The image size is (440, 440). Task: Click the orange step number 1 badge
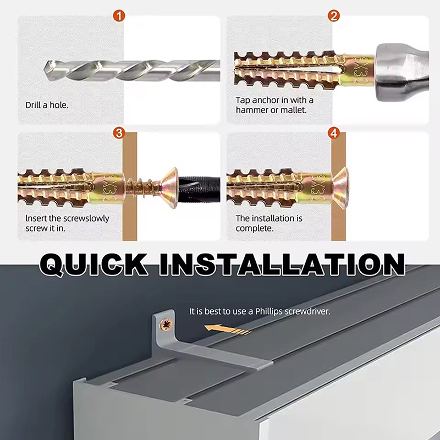(119, 16)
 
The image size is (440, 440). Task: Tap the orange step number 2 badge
(334, 16)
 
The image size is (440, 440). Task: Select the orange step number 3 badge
(119, 133)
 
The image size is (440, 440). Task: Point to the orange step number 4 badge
(334, 133)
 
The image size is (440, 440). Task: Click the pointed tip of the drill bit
(45, 69)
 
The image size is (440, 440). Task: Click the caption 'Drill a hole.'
(47, 105)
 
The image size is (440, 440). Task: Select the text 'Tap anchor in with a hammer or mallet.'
(274, 105)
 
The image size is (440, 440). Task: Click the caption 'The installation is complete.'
(269, 223)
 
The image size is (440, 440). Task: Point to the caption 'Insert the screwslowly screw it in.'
(67, 223)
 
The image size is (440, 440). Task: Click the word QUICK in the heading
(94, 264)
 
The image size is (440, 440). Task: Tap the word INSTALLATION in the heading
(282, 264)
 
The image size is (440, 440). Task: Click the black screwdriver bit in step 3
(199, 186)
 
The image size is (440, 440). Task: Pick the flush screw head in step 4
(340, 188)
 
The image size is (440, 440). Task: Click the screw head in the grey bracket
(166, 324)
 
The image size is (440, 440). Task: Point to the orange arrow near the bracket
(227, 329)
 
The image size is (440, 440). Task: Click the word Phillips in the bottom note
(269, 311)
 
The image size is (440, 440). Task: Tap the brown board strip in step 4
(338, 186)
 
